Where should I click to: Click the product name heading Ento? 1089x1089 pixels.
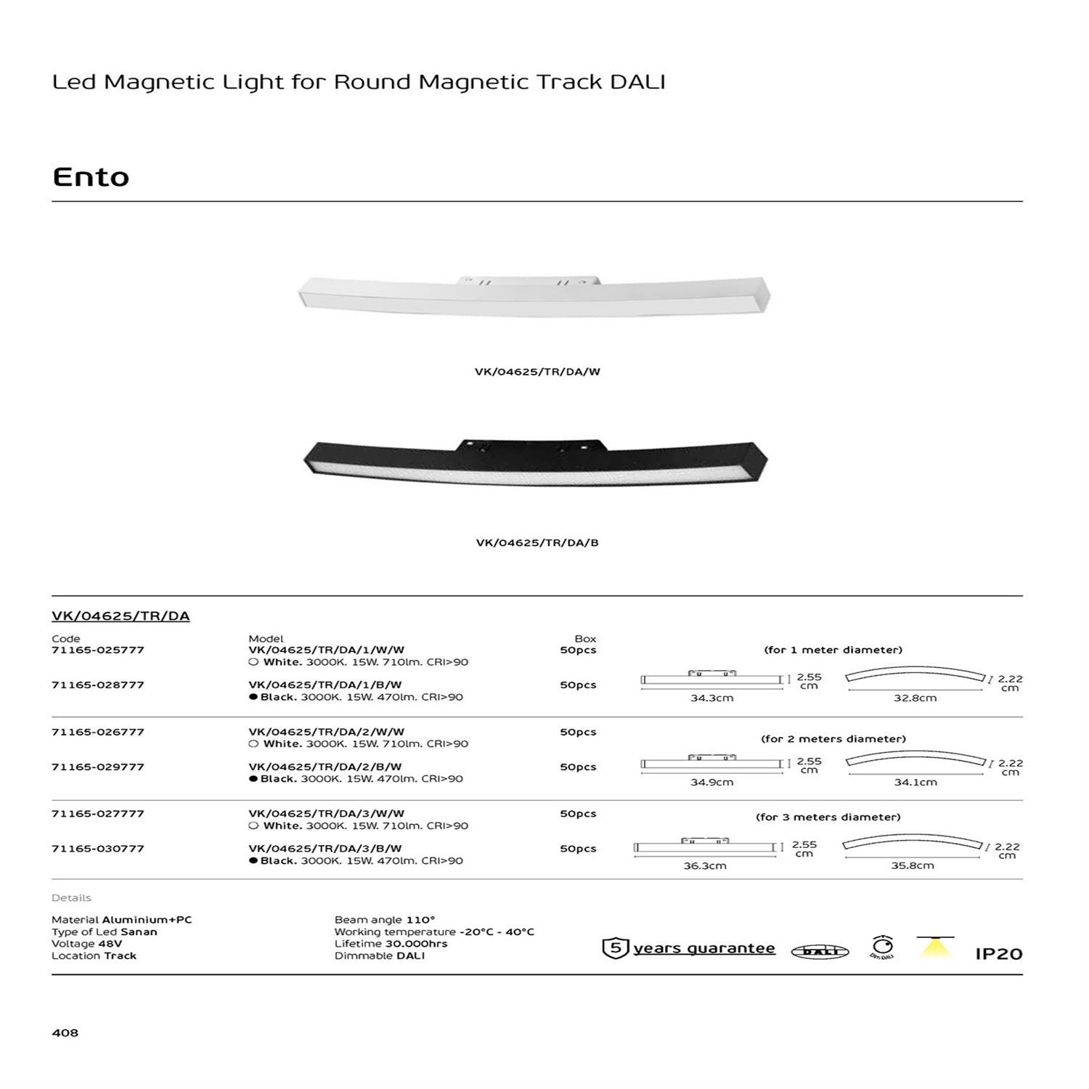(x=91, y=177)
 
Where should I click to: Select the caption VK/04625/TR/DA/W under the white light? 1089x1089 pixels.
(x=537, y=372)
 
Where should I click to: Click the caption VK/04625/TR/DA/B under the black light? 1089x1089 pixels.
(x=537, y=543)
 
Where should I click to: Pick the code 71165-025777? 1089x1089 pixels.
(x=98, y=650)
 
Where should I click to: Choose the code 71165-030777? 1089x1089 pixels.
(x=98, y=848)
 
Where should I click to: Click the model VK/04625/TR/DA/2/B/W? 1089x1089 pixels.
(x=325, y=767)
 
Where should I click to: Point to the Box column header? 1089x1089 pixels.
(x=585, y=639)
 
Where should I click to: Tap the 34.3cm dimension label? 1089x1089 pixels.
(x=711, y=698)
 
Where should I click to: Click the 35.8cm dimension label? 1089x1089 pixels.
(x=913, y=865)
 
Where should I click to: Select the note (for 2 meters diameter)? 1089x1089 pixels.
(x=833, y=739)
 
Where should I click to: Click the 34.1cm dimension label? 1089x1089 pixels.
(x=915, y=783)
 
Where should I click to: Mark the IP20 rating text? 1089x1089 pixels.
(x=998, y=954)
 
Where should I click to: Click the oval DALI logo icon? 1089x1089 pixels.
(x=820, y=952)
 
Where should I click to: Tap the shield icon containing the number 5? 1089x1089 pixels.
(x=615, y=948)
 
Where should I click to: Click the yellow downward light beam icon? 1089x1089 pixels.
(x=935, y=947)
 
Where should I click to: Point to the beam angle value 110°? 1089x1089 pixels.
(x=420, y=920)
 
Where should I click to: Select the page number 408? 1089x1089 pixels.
(x=65, y=1032)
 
